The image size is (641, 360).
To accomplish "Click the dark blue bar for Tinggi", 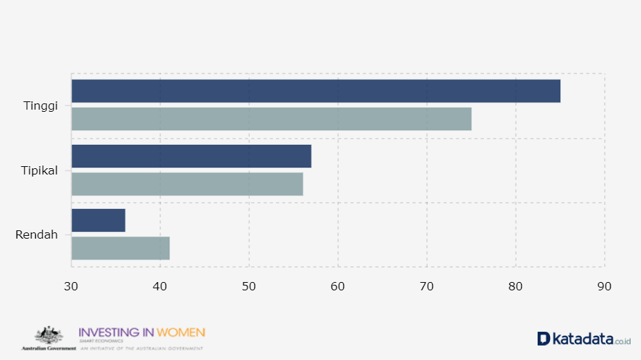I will point(316,91).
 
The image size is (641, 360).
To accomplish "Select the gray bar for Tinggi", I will point(272,119).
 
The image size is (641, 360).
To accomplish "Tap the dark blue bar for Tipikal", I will point(192,156).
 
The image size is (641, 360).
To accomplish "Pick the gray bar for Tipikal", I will point(187,184).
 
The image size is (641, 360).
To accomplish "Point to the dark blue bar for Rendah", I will point(99,220).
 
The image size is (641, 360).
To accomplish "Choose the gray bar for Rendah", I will point(121,248).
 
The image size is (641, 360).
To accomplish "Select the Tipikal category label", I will point(39,170).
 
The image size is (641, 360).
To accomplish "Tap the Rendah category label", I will point(37,234).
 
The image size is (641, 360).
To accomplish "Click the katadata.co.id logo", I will point(584,339).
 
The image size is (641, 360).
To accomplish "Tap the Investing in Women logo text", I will point(142,332).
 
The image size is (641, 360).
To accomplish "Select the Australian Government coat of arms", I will point(49,335).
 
